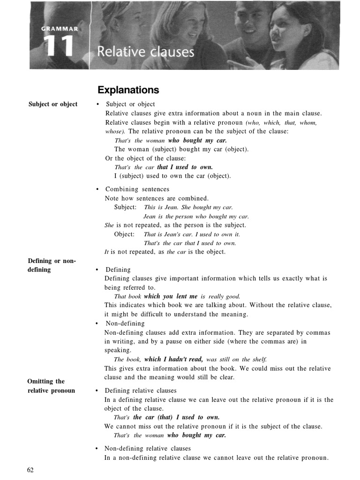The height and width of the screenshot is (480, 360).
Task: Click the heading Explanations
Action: pyautogui.click(x=128, y=90)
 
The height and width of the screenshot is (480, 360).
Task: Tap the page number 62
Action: pyautogui.click(x=30, y=470)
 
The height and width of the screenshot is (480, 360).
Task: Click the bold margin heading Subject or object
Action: pyautogui.click(x=53, y=104)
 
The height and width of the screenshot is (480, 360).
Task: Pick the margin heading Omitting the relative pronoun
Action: pyautogui.click(x=51, y=386)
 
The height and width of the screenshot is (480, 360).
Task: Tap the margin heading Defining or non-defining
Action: pyautogui.click(x=52, y=265)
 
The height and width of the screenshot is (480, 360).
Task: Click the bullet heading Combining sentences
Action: pyautogui.click(x=137, y=189)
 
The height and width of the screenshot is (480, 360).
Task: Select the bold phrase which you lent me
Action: pyautogui.click(x=171, y=296)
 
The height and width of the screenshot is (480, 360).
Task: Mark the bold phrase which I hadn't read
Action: pyautogui.click(x=173, y=360)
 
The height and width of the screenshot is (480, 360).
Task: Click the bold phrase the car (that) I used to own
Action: pyautogui.click(x=176, y=417)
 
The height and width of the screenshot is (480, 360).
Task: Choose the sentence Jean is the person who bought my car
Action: pyautogui.click(x=196, y=217)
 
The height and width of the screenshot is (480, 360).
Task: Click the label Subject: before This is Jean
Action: pyautogui.click(x=125, y=207)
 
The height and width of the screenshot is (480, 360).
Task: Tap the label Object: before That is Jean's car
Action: pyautogui.click(x=124, y=234)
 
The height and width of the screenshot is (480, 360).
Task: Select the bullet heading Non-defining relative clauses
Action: pyautogui.click(x=148, y=449)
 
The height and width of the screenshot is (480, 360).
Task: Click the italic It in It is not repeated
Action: pyautogui.click(x=106, y=252)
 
